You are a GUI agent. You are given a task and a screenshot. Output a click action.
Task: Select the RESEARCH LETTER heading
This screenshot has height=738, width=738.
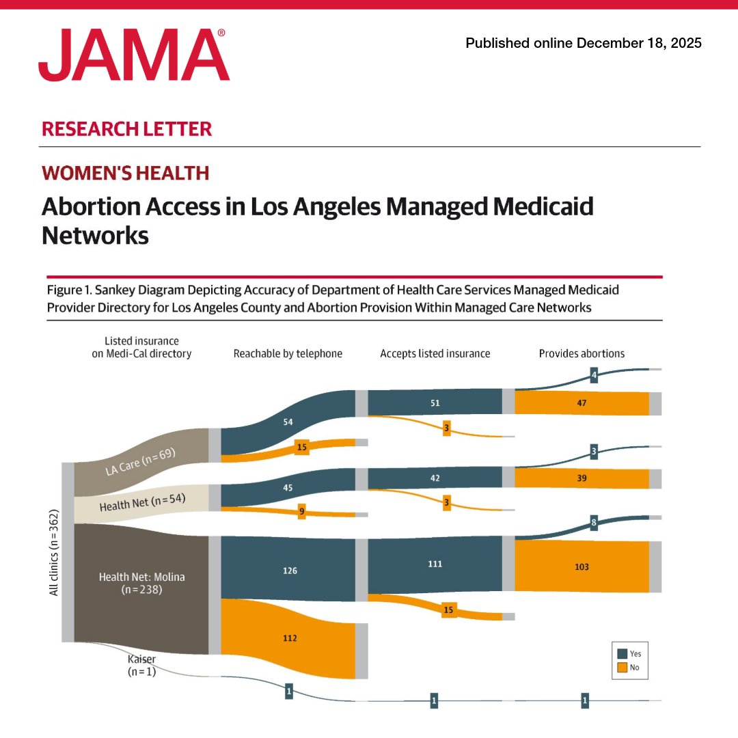tap(126, 128)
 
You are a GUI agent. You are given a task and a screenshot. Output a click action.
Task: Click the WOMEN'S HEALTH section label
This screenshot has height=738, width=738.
tap(125, 173)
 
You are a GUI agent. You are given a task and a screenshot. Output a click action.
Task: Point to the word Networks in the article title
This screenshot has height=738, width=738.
tap(95, 235)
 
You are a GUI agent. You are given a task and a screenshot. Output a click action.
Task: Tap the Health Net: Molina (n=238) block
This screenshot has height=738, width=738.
tap(141, 582)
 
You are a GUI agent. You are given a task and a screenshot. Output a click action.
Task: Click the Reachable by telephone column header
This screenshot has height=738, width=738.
tap(288, 353)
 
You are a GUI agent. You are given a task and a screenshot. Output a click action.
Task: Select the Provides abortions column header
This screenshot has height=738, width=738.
tap(582, 353)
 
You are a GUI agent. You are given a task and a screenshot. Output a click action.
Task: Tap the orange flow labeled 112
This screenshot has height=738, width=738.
tap(290, 638)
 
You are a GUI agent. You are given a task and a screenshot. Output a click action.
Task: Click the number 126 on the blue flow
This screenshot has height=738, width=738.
tap(290, 570)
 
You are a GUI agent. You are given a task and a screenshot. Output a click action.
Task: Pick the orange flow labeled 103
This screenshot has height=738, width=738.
tap(582, 566)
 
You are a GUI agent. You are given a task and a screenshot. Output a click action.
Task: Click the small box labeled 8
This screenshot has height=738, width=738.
tap(593, 523)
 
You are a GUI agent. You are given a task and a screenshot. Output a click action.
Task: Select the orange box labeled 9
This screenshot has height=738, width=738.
tap(301, 511)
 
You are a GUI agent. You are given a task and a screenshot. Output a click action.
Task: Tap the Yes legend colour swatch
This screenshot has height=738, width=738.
tap(621, 653)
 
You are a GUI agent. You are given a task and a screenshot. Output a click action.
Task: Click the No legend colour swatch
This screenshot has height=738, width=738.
tap(621, 667)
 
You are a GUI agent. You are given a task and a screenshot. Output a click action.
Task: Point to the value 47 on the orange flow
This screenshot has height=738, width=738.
tap(582, 403)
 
